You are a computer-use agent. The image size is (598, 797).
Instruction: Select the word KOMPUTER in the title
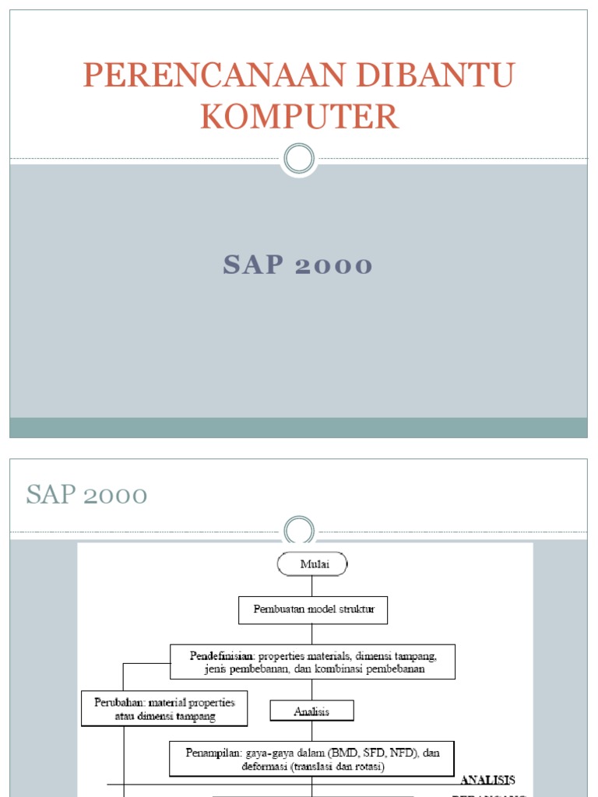click(299, 117)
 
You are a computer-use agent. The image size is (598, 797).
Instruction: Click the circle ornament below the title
click(299, 159)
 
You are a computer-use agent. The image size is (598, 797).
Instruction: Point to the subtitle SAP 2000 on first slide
click(298, 265)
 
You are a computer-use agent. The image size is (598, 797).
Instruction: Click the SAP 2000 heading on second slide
click(87, 494)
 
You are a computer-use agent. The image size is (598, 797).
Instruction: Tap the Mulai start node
click(312, 564)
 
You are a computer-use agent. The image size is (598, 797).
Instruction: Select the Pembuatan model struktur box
click(313, 609)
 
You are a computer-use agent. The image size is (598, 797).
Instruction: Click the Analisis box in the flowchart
click(312, 711)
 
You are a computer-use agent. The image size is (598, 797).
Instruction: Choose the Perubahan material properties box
click(164, 708)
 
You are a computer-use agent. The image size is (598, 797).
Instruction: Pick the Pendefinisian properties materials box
click(312, 662)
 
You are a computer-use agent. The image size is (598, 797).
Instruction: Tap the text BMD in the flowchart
click(343, 753)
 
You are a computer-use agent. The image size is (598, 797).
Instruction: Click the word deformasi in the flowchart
click(264, 766)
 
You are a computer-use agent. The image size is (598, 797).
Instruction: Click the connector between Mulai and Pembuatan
click(312, 586)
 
